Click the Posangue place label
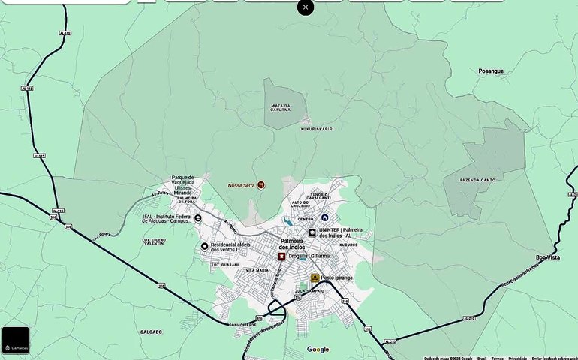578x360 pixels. (491, 70)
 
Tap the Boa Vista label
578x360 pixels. (548, 257)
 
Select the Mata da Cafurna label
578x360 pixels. (280, 108)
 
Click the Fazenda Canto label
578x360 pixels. (478, 180)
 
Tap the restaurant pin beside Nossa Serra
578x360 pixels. (260, 184)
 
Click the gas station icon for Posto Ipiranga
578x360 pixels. (315, 277)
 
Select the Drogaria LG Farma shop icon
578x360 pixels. (282, 256)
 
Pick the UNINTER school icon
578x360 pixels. (312, 232)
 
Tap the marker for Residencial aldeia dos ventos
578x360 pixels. (204, 246)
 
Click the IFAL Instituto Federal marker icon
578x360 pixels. (197, 219)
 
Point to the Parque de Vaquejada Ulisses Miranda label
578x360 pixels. (183, 185)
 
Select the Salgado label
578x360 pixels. (151, 331)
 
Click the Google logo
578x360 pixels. (318, 349)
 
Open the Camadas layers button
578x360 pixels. (15, 340)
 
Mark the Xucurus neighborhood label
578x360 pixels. (348, 244)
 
